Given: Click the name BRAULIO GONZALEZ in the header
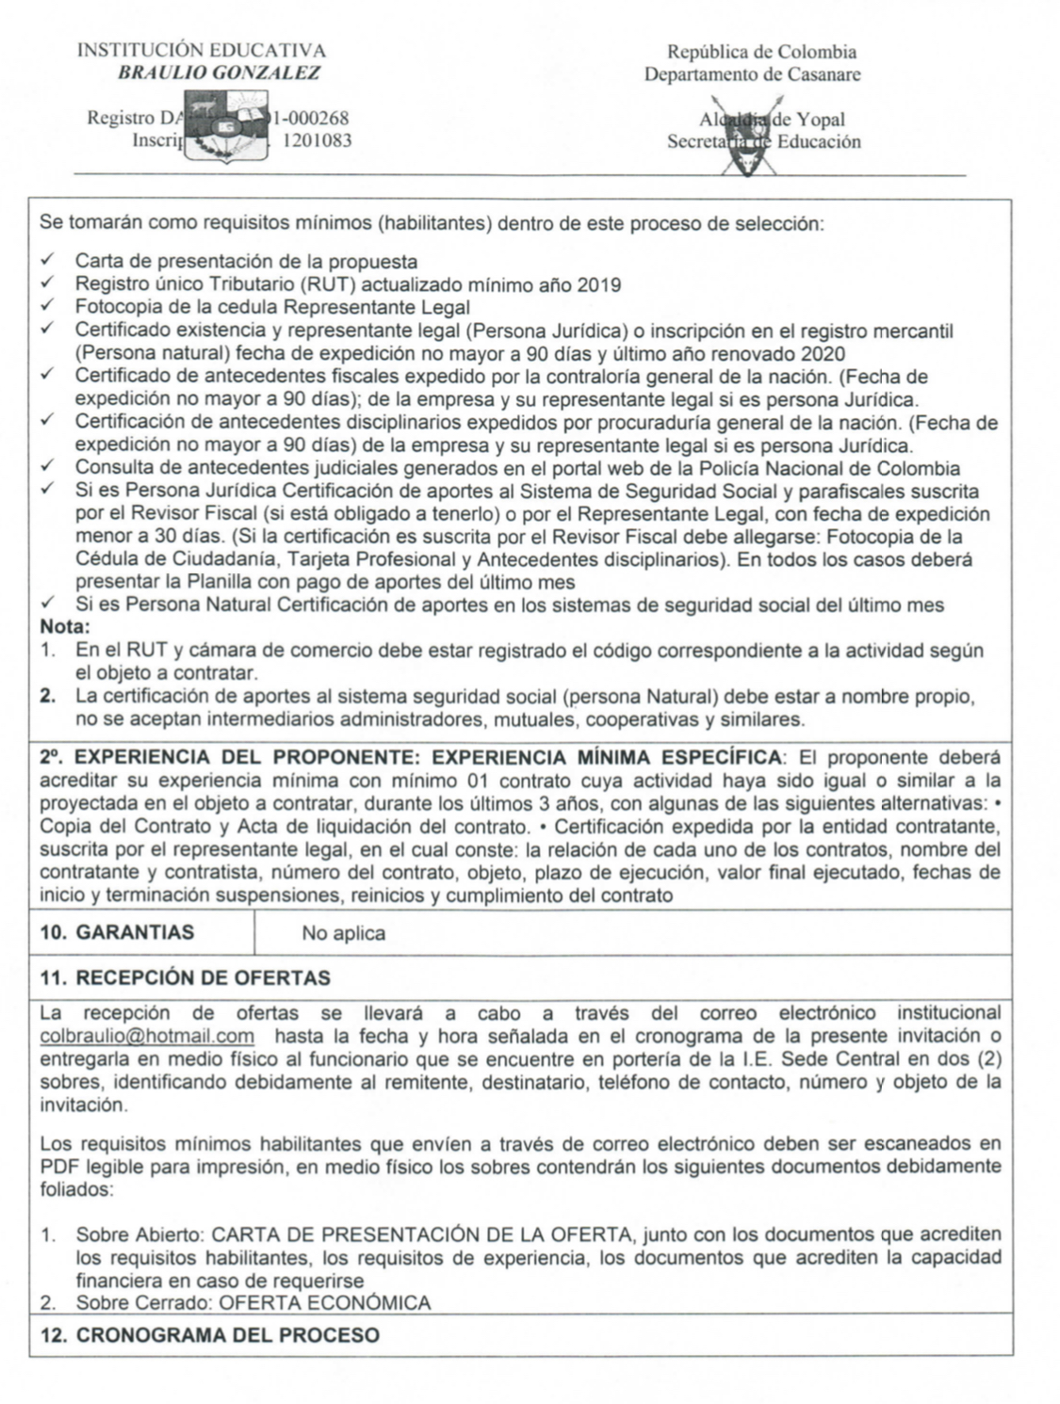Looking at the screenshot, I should coord(219,73).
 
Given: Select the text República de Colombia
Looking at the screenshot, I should coord(761,52).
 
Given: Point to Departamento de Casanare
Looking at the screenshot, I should coord(752,74).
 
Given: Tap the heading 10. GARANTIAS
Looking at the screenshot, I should coord(118,932).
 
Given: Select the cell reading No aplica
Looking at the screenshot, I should coord(343,933).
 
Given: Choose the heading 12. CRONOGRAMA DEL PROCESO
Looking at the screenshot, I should coord(210,1335).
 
